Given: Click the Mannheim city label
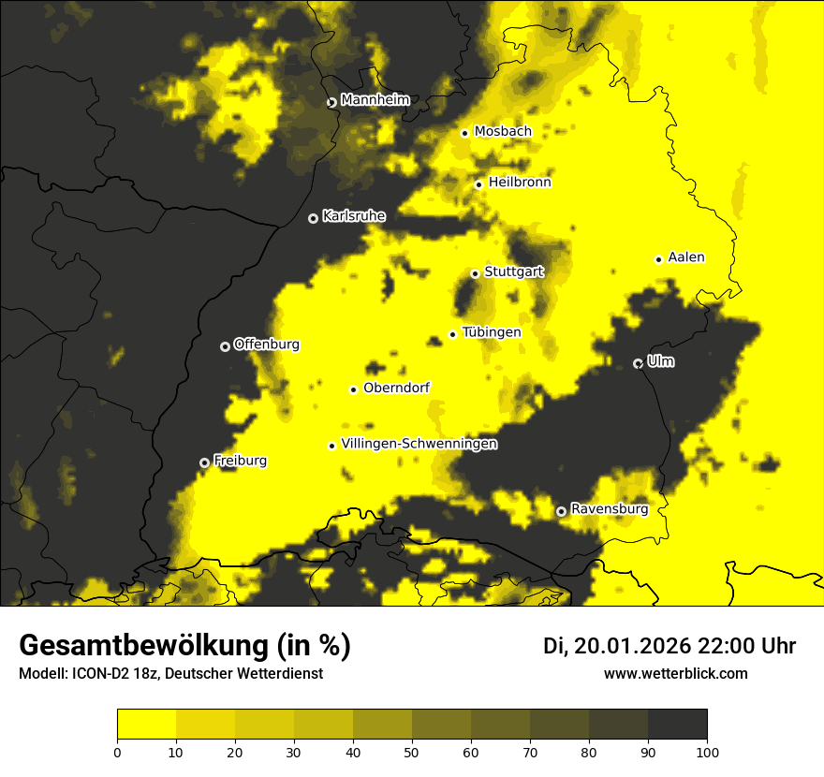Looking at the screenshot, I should pyautogui.click(x=375, y=100).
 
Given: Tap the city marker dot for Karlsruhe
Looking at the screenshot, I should pyautogui.click(x=313, y=218).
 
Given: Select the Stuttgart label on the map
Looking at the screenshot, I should pyautogui.click(x=513, y=272).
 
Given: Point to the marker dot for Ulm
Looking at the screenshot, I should pyautogui.click(x=638, y=363).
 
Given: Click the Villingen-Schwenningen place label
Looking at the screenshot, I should pyautogui.click(x=419, y=444).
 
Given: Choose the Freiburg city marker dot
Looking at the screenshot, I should pyautogui.click(x=204, y=462).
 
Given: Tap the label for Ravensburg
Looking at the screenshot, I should pyautogui.click(x=609, y=509).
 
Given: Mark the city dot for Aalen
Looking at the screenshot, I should pyautogui.click(x=658, y=259).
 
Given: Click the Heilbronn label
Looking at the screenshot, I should pyautogui.click(x=520, y=183).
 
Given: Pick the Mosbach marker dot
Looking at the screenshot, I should pyautogui.click(x=464, y=133).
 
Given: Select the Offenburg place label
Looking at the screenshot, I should pyautogui.click(x=266, y=345).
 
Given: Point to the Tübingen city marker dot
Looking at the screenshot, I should pyautogui.click(x=452, y=334).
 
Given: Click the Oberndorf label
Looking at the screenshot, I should pyautogui.click(x=396, y=388).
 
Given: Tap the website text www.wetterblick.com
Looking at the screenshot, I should pyautogui.click(x=675, y=673).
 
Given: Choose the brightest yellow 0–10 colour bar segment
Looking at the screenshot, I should pyautogui.click(x=146, y=725).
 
